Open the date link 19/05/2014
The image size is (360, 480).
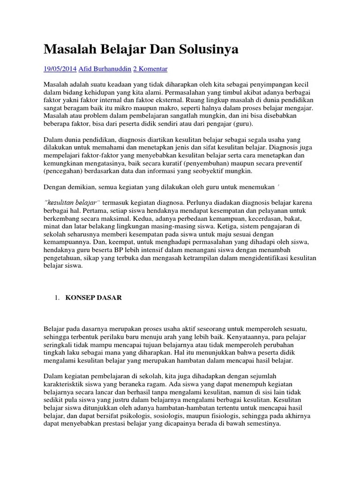tap(60, 69)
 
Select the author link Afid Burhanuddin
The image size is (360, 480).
tap(105, 69)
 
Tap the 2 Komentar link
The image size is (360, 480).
tap(150, 69)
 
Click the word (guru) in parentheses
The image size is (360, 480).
tap(240, 124)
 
